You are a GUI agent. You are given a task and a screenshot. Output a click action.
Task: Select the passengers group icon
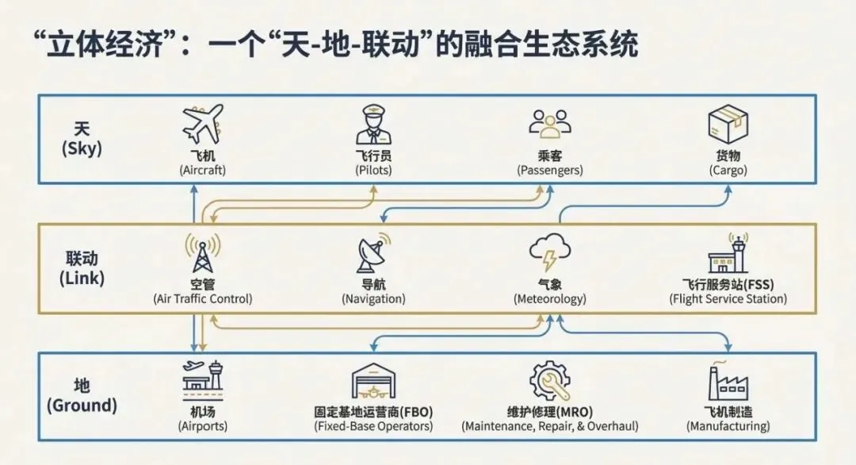550,125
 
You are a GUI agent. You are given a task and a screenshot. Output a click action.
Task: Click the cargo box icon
728,125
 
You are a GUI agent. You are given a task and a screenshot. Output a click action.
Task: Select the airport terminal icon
204,380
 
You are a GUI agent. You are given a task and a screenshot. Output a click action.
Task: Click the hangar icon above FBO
373,382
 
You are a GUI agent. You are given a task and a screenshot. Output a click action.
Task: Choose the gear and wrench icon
550,381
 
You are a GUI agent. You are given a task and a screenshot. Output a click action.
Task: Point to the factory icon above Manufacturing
728,381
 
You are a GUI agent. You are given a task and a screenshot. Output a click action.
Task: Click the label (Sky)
82,148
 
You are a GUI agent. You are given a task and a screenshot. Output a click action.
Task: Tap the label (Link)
82,279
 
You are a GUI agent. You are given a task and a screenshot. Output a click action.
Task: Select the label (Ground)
82,405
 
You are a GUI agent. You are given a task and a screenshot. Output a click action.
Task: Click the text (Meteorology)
550,299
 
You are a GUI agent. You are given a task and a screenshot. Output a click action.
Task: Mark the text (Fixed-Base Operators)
373,426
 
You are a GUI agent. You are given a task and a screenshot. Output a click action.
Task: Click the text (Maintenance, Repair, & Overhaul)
550,426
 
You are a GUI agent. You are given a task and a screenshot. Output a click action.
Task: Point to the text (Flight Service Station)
728,299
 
